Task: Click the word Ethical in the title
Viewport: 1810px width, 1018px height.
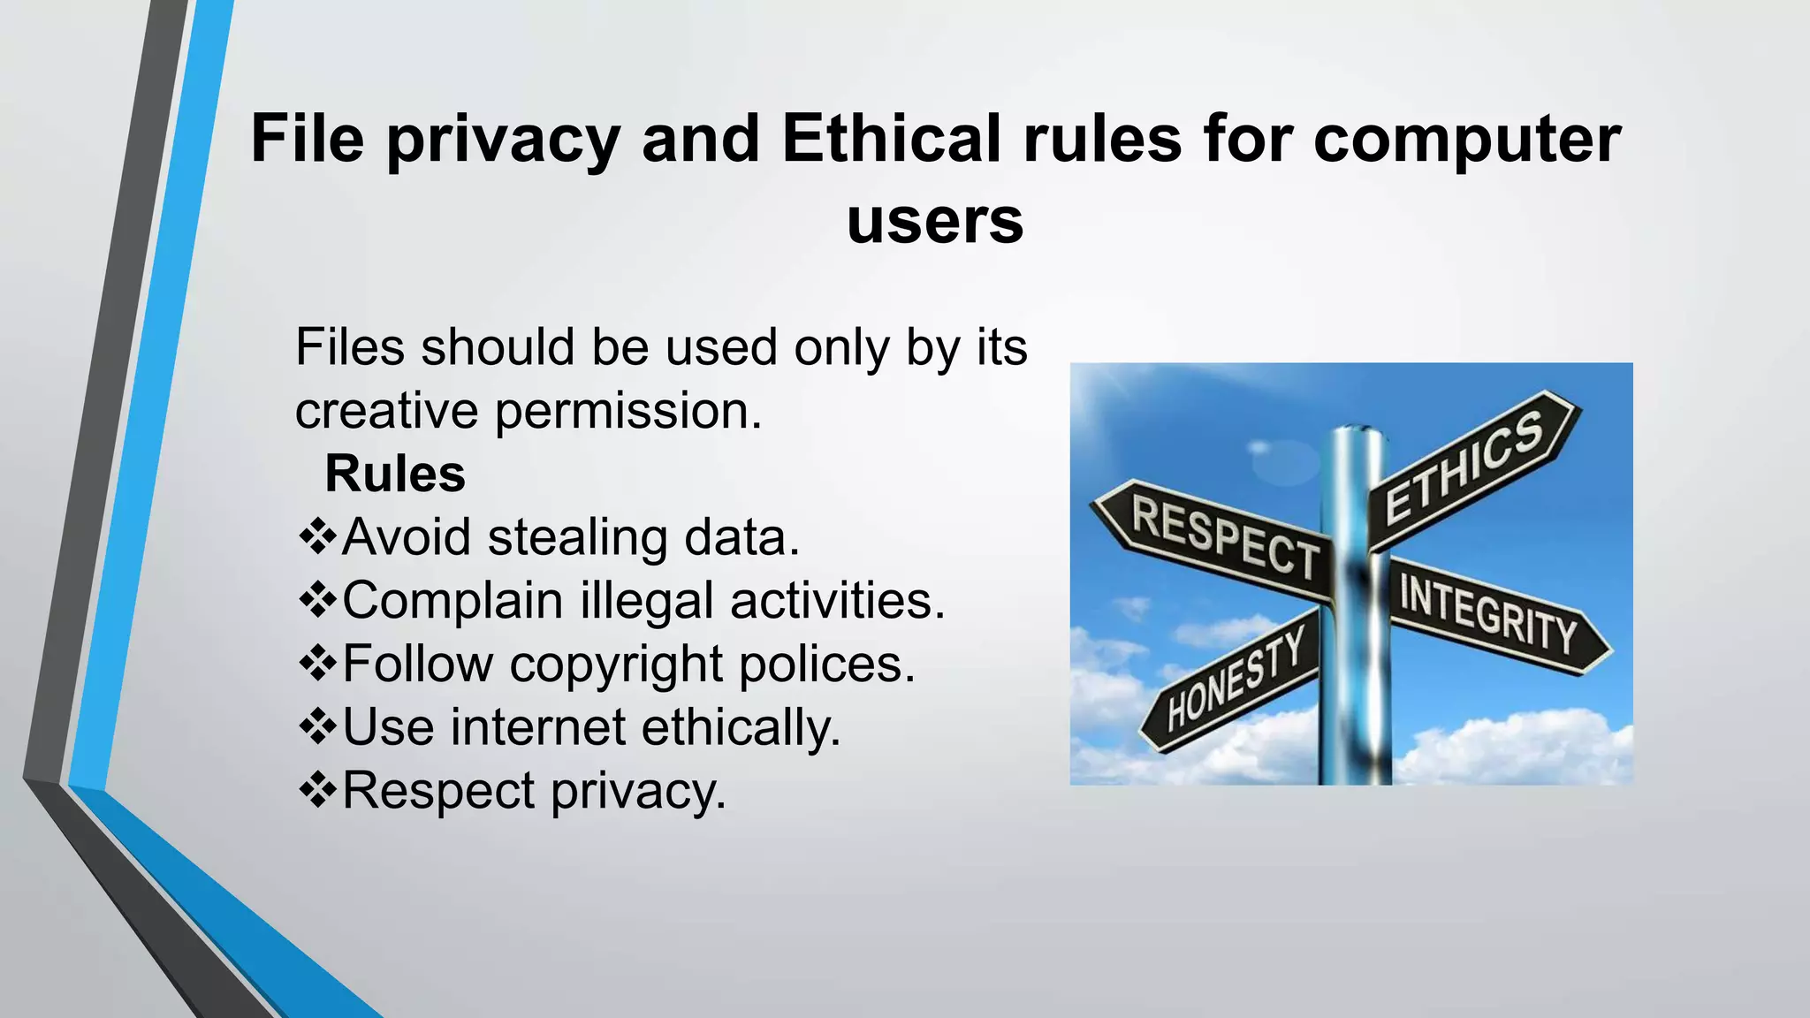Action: [892, 139]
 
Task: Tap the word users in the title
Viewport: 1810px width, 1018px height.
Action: [935, 220]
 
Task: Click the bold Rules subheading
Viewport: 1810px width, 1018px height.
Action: [395, 474]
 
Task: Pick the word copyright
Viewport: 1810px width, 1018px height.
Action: [616, 665]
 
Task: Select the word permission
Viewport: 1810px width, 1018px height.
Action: [627, 411]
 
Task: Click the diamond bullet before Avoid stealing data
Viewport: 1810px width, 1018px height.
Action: [318, 537]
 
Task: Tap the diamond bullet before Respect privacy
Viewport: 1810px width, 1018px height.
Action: [318, 790]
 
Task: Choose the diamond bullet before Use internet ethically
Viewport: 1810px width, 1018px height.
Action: [318, 727]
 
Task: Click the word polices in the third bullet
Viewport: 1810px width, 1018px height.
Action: [826, 665]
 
